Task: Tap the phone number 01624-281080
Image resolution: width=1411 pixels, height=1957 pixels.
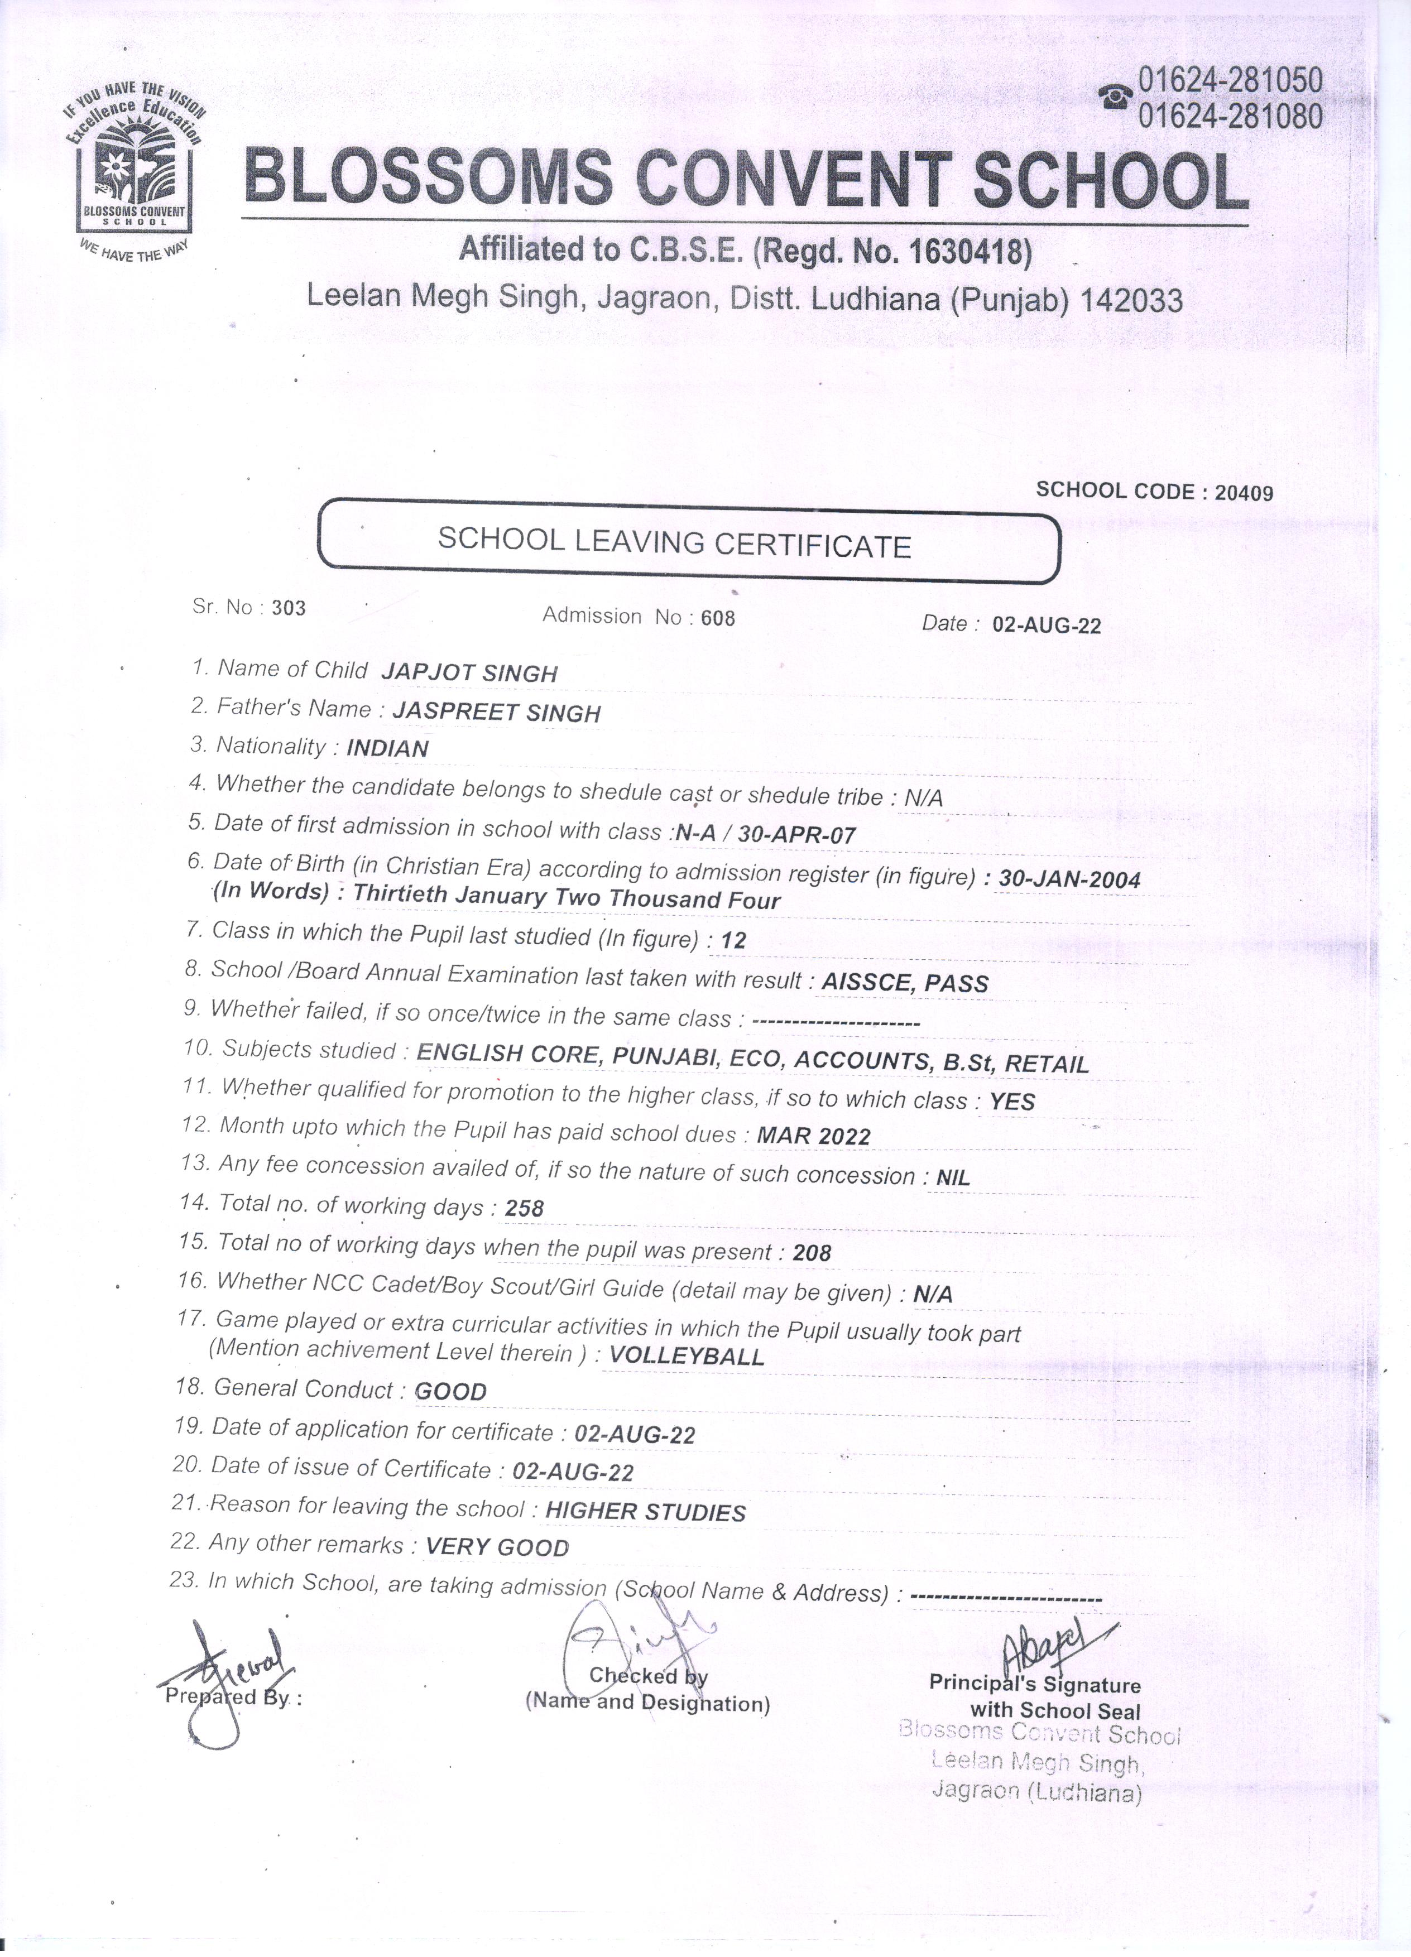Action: point(1230,116)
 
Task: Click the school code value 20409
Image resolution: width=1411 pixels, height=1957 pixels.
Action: point(1244,493)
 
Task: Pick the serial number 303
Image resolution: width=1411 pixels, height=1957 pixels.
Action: point(288,608)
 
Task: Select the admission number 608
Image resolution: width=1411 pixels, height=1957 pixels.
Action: point(718,618)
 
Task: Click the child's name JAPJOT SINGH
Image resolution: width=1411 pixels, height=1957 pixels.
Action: point(469,672)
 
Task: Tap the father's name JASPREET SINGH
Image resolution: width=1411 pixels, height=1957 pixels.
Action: point(496,712)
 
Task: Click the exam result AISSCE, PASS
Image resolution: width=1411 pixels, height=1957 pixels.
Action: point(905,983)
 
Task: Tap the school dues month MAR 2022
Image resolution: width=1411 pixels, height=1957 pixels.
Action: point(813,1136)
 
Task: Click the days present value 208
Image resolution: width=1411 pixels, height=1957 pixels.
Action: point(811,1253)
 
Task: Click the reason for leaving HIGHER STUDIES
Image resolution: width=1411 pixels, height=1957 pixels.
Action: point(646,1512)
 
